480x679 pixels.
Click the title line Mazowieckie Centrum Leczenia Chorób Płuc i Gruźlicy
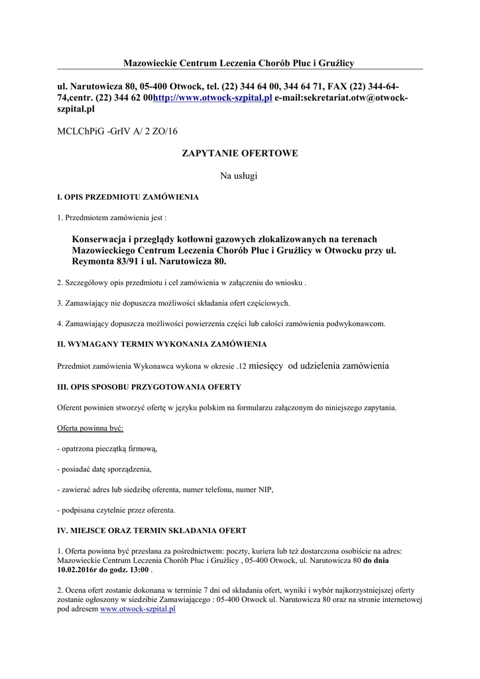point(239,63)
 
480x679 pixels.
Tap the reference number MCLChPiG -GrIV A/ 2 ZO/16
point(117,132)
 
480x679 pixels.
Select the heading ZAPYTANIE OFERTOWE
point(239,154)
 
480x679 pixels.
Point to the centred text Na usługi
point(239,176)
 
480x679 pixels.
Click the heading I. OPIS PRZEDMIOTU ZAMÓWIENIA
point(128,198)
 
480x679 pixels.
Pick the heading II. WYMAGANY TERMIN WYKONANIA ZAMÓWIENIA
point(162,345)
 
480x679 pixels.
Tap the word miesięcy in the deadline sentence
point(266,366)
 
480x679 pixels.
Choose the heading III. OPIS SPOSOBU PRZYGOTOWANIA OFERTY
point(149,387)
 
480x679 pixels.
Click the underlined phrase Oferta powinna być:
point(86,428)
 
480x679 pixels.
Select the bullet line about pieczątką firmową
point(107,449)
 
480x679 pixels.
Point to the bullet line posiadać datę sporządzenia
point(104,469)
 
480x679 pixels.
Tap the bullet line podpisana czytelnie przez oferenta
point(116,510)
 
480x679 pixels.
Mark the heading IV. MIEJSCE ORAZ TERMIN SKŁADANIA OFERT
point(152,530)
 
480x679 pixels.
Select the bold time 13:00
point(139,570)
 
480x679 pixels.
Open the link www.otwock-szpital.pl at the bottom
point(137,609)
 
